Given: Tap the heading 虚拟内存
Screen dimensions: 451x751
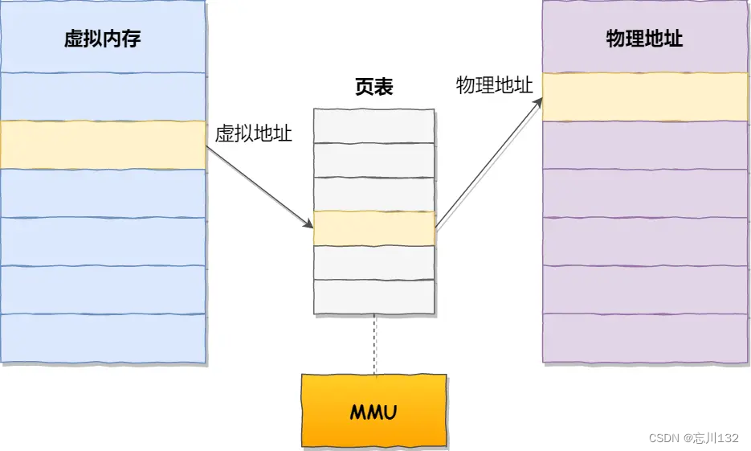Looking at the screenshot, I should click(103, 39).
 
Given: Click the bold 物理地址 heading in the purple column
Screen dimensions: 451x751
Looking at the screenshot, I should click(644, 39).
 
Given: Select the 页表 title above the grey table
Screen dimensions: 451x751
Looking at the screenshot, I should click(374, 88).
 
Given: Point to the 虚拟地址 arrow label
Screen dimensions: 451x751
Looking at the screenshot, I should click(253, 134).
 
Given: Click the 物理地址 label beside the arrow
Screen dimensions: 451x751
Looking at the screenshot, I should click(494, 86).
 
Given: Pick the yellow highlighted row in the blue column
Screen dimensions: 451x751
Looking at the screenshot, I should click(103, 145).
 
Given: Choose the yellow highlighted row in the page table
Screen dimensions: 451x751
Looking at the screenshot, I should click(374, 228).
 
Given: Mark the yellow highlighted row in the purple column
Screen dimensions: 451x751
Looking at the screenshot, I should click(646, 97).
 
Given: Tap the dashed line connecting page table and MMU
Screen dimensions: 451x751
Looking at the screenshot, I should click(374, 344).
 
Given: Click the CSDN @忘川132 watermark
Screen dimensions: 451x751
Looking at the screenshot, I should click(694, 438).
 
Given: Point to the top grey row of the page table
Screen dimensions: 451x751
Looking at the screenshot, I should click(374, 125).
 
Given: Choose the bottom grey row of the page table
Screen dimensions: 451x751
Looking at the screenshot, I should click(374, 296).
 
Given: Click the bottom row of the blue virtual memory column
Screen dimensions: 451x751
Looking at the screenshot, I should click(103, 338).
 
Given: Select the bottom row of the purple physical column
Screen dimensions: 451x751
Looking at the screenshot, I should click(646, 338).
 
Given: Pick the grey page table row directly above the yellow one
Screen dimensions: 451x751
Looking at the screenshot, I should click(374, 194).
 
